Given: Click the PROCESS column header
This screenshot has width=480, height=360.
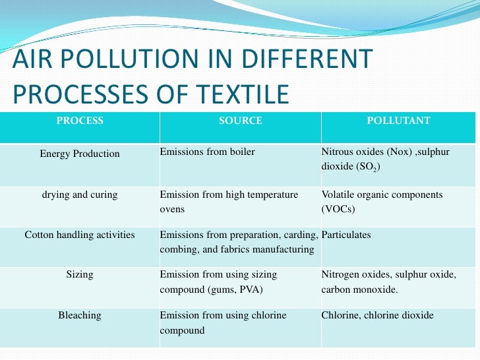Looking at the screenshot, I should pos(80,121).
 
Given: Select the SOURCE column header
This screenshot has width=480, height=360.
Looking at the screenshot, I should pos(240,121).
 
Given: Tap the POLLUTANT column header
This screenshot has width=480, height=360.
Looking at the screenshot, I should pos(398,121).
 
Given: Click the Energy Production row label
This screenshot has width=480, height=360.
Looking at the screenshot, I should pos(80,154).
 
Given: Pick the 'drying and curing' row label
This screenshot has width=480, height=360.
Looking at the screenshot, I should pos(80,195).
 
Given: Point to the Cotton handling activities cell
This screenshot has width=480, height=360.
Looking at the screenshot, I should pos(80,235).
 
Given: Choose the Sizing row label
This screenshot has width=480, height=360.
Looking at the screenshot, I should pos(80,274).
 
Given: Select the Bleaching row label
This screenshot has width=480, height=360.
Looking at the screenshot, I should pos(80,315).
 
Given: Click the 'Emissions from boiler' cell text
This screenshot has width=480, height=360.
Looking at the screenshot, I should pos(207,152).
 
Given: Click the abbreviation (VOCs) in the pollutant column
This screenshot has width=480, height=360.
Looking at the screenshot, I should pos(338,210).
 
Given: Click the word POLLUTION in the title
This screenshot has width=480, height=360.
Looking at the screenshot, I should pos(115,61).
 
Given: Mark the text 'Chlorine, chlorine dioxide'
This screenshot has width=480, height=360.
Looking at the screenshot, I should pos(377,315).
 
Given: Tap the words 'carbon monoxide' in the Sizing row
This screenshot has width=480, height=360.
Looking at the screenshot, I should pos(364,289).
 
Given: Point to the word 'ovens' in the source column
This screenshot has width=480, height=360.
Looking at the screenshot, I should pos(172,210).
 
